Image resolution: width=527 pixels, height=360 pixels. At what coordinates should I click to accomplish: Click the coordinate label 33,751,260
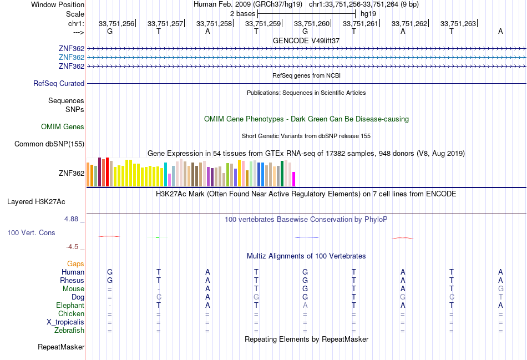point(312,23)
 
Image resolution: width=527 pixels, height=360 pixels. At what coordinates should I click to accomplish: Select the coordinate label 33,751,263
point(458,23)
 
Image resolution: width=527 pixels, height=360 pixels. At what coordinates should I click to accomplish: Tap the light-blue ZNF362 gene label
point(72,57)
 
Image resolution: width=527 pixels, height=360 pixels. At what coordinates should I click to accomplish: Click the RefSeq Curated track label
point(59,83)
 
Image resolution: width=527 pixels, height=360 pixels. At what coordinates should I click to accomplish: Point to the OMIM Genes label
point(63,126)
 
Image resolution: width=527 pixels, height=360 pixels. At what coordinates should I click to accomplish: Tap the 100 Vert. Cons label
point(32,232)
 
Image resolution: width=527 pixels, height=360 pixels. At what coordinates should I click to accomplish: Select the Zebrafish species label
point(69,331)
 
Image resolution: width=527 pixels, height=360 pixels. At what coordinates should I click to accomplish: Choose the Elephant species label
point(70,305)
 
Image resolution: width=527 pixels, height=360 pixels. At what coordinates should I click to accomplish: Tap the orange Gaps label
point(75,263)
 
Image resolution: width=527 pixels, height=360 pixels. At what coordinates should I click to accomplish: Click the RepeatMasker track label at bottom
point(61,347)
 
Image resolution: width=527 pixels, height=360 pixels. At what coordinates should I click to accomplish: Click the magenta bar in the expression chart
point(293,179)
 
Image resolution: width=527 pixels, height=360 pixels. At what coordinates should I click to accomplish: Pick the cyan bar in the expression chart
point(165,175)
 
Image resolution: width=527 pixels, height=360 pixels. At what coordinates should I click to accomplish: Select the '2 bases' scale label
point(242,13)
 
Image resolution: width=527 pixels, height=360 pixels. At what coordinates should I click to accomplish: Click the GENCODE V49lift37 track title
point(306,40)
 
